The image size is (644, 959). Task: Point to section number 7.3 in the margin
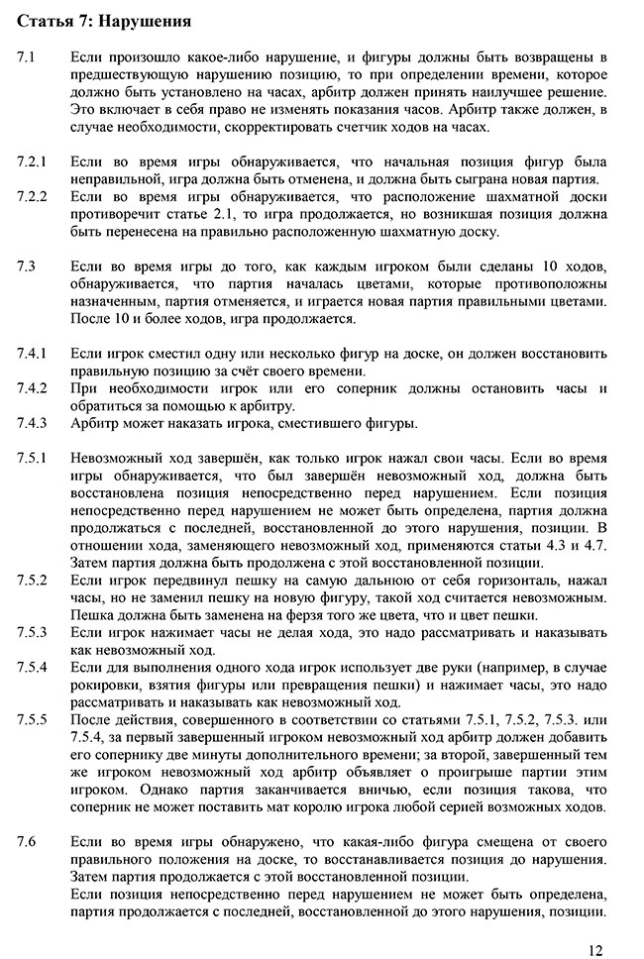27,266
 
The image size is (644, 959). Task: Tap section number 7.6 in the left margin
27,841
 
